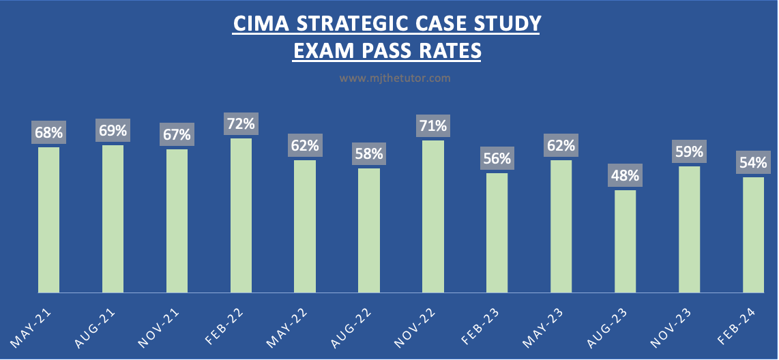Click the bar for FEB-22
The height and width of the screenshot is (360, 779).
point(241,215)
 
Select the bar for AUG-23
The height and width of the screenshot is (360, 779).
point(625,241)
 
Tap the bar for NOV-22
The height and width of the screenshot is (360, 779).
point(433,217)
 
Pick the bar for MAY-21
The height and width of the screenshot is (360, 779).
point(48,220)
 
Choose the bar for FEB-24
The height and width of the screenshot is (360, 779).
point(753,235)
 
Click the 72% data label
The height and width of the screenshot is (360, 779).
point(241,124)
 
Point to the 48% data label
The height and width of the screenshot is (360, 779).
point(625,175)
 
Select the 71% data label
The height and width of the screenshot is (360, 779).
point(433,126)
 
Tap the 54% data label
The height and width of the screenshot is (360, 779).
point(753,163)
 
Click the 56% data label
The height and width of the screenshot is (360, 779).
point(497,159)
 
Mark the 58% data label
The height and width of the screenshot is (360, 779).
point(369,154)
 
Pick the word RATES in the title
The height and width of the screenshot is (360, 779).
point(447,50)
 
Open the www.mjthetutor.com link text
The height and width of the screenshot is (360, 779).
point(395,78)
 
